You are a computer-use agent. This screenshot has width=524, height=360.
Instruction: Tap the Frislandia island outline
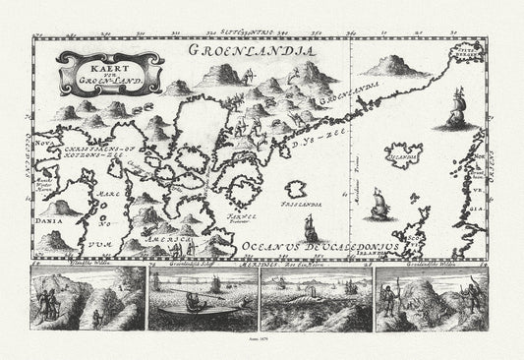click(x=299, y=202)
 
